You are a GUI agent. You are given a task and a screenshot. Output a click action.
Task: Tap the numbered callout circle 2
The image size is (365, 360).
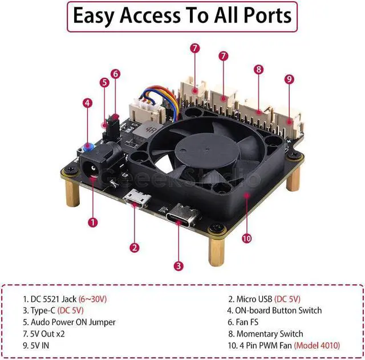click(135, 247)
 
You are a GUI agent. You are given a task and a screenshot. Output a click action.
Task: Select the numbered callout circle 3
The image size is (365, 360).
click(179, 265)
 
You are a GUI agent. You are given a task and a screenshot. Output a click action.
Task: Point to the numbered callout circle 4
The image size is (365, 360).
click(87, 103)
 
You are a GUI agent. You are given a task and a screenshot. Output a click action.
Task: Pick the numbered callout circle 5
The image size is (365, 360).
click(104, 82)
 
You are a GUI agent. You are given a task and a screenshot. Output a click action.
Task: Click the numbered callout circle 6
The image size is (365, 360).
click(116, 73)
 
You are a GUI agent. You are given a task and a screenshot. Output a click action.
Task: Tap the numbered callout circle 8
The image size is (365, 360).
click(259, 69)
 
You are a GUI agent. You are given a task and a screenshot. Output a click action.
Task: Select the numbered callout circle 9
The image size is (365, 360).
click(289, 79)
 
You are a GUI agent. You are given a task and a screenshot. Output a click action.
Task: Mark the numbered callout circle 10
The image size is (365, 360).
click(246, 238)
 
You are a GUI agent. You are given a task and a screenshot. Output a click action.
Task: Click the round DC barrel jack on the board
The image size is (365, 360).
click(90, 170)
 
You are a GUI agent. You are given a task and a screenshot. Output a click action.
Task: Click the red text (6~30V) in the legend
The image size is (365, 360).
click(93, 298)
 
